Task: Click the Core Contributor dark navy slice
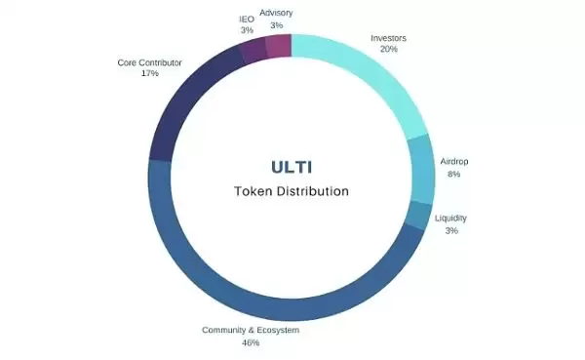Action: pyautogui.click(x=184, y=106)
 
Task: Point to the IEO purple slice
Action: pyautogui.click(x=253, y=50)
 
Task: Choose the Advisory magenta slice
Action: pyautogui.click(x=278, y=45)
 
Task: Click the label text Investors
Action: pyautogui.click(x=388, y=39)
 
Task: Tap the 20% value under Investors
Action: pyautogui.click(x=388, y=51)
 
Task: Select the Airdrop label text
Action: pyautogui.click(x=453, y=161)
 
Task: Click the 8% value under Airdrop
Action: pyautogui.click(x=453, y=174)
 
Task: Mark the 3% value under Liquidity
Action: pyautogui.click(x=451, y=230)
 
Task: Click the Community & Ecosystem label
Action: pyautogui.click(x=251, y=331)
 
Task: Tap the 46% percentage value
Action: pyautogui.click(x=251, y=343)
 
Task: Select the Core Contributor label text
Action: pyautogui.click(x=150, y=61)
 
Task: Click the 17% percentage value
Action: pyautogui.click(x=150, y=73)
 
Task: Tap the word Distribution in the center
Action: pyautogui.click(x=315, y=191)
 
